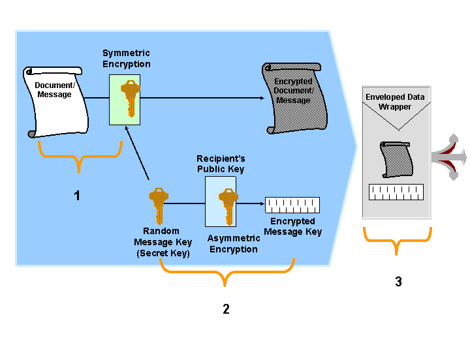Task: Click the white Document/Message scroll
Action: pos(55,101)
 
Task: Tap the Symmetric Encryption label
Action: pos(126,59)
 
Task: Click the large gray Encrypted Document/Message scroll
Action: pos(292,98)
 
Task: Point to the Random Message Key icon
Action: pos(158,203)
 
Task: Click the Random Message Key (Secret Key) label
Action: pos(163,242)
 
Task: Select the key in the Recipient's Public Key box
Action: pos(227,203)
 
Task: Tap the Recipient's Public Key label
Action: pos(221,164)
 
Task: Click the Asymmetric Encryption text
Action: pos(233,244)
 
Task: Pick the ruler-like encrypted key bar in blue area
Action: pos(292,205)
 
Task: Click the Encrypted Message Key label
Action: pos(292,226)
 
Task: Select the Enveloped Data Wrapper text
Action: pos(395,102)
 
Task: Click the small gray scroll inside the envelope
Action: pos(396,159)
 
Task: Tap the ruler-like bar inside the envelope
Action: pos(396,192)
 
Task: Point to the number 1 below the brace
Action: pos(77,196)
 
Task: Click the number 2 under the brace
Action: pos(226,309)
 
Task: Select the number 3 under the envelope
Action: pos(398,282)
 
